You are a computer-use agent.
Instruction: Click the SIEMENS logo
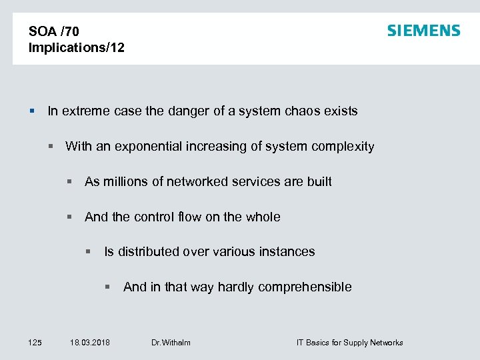pyautogui.click(x=423, y=31)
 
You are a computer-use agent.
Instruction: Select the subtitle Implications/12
pyautogui.click(x=76, y=47)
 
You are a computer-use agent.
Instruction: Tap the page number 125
pyautogui.click(x=35, y=343)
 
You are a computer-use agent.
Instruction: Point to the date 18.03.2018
pyautogui.click(x=90, y=343)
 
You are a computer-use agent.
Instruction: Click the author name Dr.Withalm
pyautogui.click(x=171, y=343)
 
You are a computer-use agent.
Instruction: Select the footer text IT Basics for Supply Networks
pyautogui.click(x=349, y=343)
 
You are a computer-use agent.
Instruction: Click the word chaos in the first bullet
pyautogui.click(x=307, y=111)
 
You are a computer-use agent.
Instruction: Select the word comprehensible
pyautogui.click(x=305, y=287)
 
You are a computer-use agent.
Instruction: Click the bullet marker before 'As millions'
pyautogui.click(x=69, y=182)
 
